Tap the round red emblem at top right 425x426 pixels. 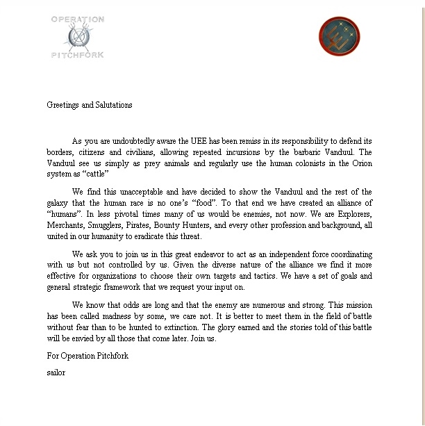pos(340,37)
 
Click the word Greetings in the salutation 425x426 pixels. pos(62,106)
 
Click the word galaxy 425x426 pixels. pos(59,204)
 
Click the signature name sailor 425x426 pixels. pos(56,372)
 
